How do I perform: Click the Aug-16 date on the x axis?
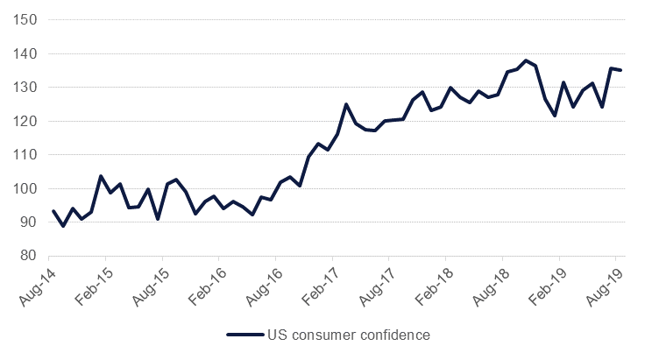pos(266,282)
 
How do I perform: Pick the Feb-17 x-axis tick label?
pos(322,282)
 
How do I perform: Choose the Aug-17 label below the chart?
pos(379,282)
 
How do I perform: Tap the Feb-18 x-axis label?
pos(436,282)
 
